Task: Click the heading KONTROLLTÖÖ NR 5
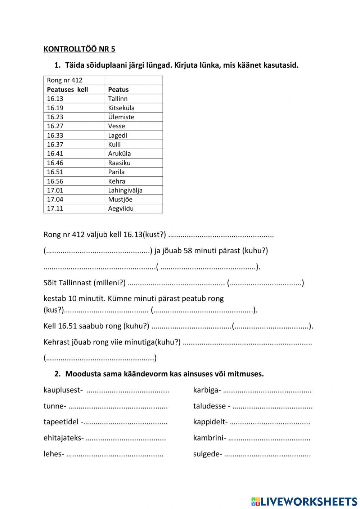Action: click(79, 49)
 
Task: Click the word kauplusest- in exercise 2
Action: click(63, 390)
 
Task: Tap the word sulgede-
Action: click(207, 454)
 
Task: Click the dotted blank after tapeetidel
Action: click(126, 422)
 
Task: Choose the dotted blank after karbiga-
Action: click(267, 390)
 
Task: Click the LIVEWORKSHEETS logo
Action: click(304, 501)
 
